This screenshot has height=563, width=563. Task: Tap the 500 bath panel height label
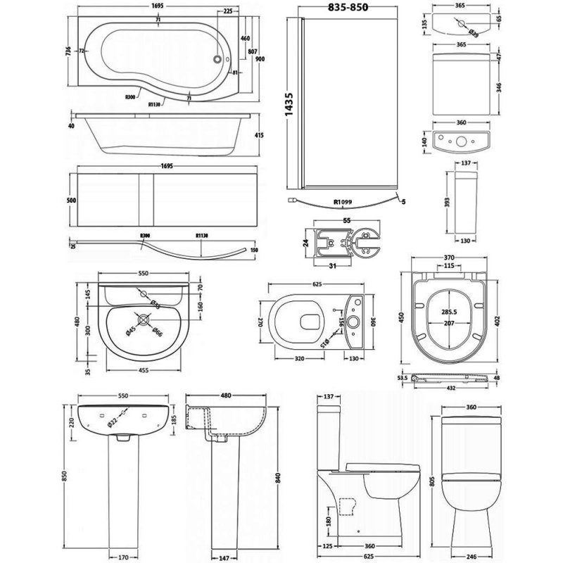tap(70, 199)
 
